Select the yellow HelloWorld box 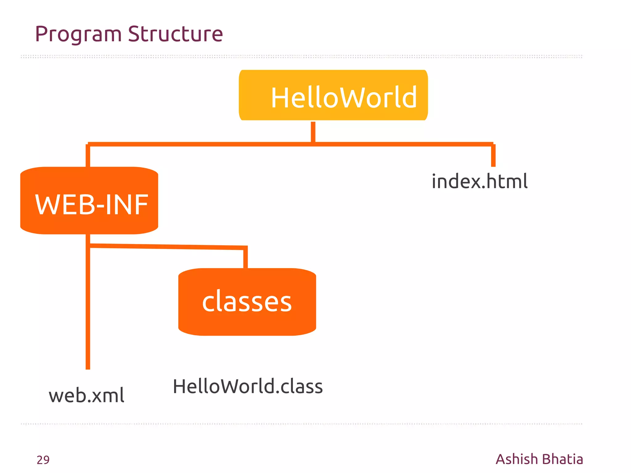pyautogui.click(x=333, y=95)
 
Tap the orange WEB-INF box pyautogui.click(x=89, y=201)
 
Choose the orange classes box pyautogui.click(x=247, y=302)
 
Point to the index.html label pyautogui.click(x=479, y=181)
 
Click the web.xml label pyautogui.click(x=87, y=395)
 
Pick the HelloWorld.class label pyautogui.click(x=248, y=386)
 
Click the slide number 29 pyautogui.click(x=43, y=460)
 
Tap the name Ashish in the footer pyautogui.click(x=516, y=459)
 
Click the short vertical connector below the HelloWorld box pyautogui.click(x=313, y=132)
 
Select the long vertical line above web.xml pyautogui.click(x=88, y=308)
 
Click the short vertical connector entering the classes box pyautogui.click(x=246, y=258)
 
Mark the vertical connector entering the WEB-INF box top pyautogui.click(x=88, y=156)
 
